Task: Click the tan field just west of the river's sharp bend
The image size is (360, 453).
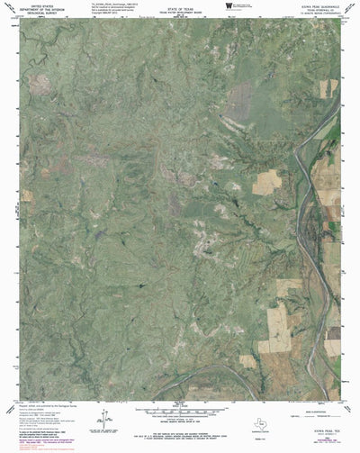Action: (267, 183)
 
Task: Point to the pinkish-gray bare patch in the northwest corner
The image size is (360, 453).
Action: (40, 84)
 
